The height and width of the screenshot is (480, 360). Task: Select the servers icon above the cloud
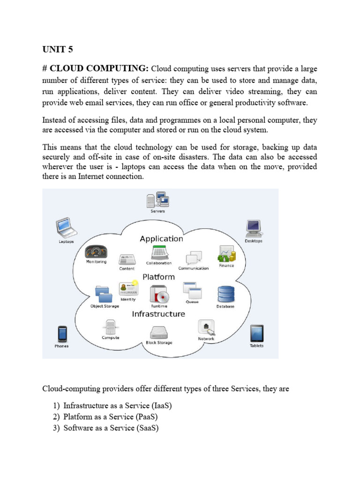pyautogui.click(x=157, y=199)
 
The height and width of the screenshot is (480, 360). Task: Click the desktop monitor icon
pyautogui.click(x=254, y=228)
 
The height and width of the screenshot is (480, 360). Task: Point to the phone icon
pyautogui.click(x=62, y=334)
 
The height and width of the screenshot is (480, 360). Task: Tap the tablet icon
pyautogui.click(x=256, y=333)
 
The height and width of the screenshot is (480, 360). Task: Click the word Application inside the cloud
pyautogui.click(x=161, y=239)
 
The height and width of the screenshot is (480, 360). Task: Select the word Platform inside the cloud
pyautogui.click(x=158, y=277)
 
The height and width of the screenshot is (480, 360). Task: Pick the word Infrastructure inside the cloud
pyautogui.click(x=158, y=314)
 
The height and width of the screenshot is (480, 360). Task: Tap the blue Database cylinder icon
pyautogui.click(x=225, y=294)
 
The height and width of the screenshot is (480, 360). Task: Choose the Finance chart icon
pyautogui.click(x=226, y=254)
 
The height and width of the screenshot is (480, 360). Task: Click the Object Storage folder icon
pyautogui.click(x=104, y=294)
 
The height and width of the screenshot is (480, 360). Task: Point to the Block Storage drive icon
pyautogui.click(x=159, y=332)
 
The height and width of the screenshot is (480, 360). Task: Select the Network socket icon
pyautogui.click(x=206, y=327)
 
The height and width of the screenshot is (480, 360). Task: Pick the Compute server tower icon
pyautogui.click(x=111, y=326)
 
